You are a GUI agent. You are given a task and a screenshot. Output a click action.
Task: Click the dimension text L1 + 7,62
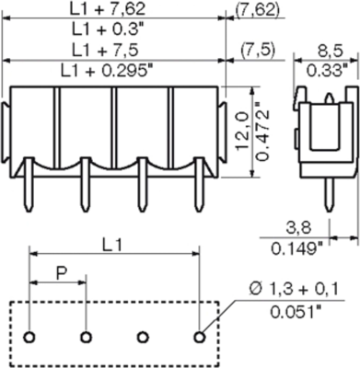tap(112, 9)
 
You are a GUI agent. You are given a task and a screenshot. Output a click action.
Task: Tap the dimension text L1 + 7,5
tap(112, 49)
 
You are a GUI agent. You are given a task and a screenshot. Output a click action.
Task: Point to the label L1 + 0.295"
tap(112, 68)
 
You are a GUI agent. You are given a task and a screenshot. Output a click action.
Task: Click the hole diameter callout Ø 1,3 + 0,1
tap(297, 291)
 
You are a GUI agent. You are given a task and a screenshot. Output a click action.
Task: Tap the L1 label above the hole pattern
tap(112, 221)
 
